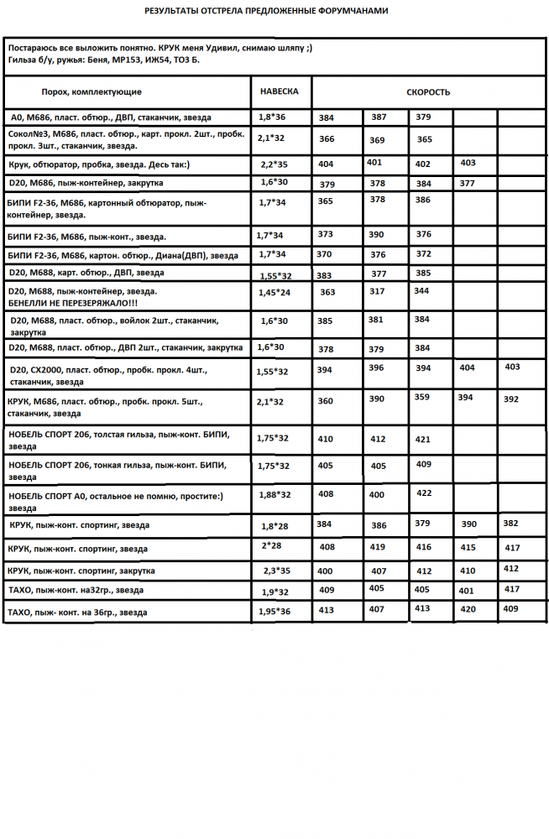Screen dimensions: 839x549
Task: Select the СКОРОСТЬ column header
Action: point(428,92)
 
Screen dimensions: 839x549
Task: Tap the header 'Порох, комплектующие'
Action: point(91,91)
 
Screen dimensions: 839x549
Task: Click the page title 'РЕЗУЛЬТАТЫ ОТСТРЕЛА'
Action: point(266,12)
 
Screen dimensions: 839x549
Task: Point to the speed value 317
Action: point(377,291)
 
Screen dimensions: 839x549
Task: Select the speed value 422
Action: point(424,492)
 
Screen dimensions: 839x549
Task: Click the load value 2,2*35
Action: point(274,164)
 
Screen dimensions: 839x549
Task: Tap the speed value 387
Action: point(379,117)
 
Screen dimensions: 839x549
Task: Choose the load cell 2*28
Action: point(272,545)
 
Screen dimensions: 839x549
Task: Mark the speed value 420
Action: point(468,610)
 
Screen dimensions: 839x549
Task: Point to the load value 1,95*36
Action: point(274,612)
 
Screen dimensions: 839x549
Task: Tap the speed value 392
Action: point(510,399)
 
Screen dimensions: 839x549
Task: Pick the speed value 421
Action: point(423,439)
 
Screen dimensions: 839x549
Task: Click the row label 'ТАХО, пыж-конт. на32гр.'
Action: point(76,591)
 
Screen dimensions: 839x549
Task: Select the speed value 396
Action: point(376,367)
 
